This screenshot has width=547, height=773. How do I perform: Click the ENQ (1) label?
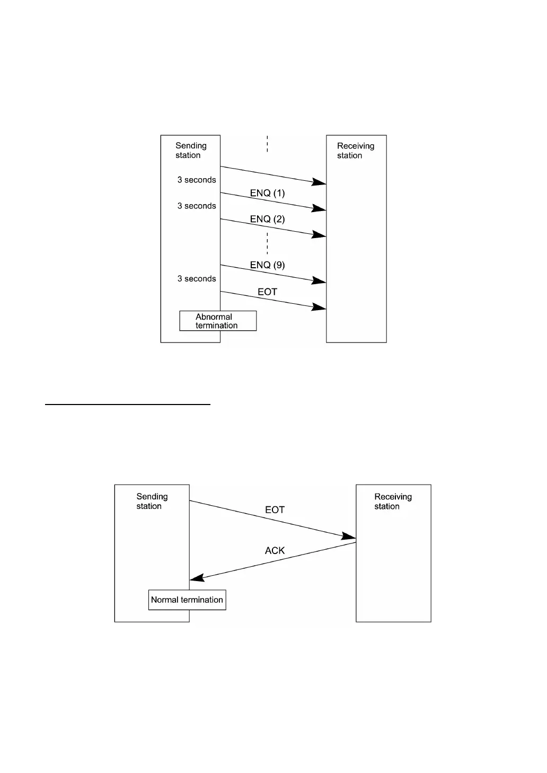point(267,193)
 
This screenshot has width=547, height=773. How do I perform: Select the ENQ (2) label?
point(267,219)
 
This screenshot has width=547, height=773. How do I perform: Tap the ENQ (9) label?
point(267,265)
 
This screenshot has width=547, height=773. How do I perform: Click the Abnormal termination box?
point(218,321)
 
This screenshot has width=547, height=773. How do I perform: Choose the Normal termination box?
point(187,600)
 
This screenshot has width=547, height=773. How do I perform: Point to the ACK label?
point(275,550)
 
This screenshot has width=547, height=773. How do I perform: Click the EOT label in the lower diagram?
point(275,510)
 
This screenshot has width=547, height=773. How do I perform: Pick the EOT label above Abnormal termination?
point(267,292)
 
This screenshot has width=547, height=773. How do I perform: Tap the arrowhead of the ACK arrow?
point(196,578)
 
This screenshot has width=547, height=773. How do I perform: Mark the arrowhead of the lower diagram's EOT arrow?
point(350,537)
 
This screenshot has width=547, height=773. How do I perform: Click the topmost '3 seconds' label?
point(197,180)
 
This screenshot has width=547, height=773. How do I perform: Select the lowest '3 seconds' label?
point(197,278)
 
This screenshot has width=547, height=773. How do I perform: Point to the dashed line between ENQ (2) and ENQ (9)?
point(267,242)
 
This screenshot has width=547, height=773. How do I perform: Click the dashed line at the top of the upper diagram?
point(267,144)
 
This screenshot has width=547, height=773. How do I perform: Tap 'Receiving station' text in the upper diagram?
point(355,151)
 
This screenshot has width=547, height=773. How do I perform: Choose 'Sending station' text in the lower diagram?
point(152,501)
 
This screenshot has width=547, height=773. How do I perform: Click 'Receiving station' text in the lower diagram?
point(393,501)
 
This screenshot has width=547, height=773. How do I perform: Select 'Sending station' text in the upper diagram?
point(191,150)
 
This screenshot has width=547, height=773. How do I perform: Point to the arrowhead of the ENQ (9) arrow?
point(320,281)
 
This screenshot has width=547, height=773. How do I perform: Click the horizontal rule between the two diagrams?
point(127,405)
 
